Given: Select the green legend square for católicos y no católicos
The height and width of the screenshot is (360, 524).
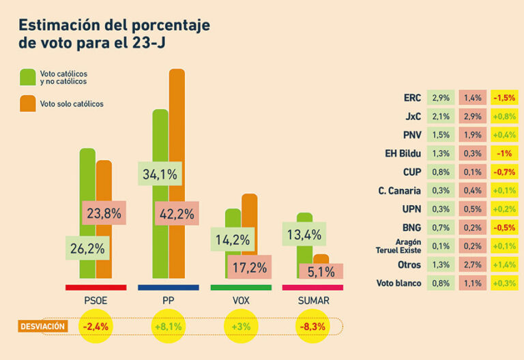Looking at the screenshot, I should pyautogui.click(x=28, y=76).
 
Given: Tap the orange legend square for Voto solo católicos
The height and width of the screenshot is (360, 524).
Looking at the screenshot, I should pyautogui.click(x=28, y=104).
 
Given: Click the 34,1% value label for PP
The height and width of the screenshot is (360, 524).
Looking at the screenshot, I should pyautogui.click(x=160, y=175).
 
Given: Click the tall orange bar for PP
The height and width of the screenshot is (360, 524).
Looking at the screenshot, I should pyautogui.click(x=177, y=136).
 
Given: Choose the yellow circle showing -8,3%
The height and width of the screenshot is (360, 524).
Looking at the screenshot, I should pyautogui.click(x=312, y=327).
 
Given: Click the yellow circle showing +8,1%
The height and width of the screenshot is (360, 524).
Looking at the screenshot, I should pyautogui.click(x=168, y=327).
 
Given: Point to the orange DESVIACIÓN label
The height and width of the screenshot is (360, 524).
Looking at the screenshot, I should pyautogui.click(x=42, y=327).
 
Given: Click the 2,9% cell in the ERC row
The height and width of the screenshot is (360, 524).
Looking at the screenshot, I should pyautogui.click(x=440, y=98).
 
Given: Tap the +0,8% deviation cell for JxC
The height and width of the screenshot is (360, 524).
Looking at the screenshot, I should pyautogui.click(x=504, y=117).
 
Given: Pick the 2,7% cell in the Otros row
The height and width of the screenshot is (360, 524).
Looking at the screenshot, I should pyautogui.click(x=472, y=264).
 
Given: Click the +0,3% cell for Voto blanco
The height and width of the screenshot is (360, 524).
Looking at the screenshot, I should pyautogui.click(x=504, y=282).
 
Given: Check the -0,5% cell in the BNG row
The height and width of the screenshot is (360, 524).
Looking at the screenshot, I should pyautogui.click(x=504, y=227).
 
